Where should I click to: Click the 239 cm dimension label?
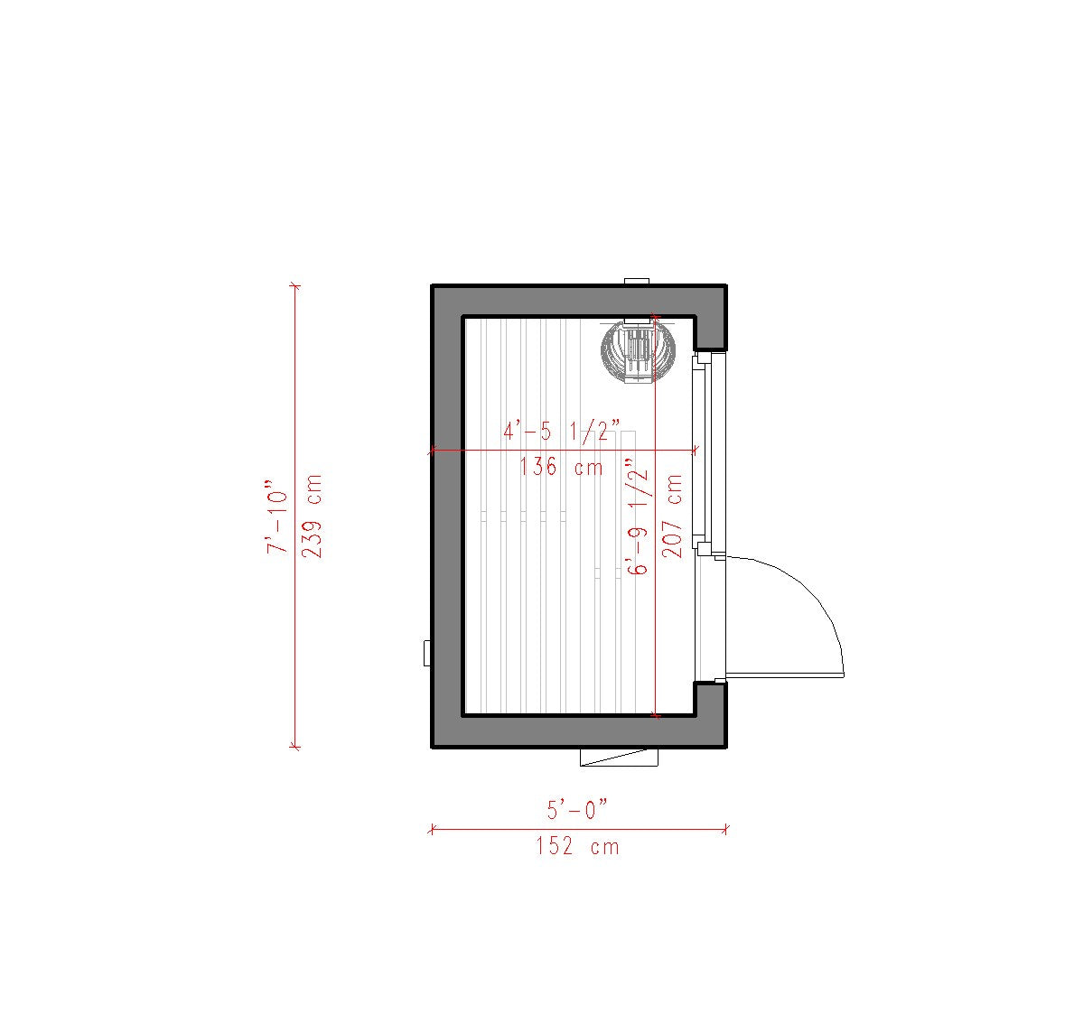[x=312, y=516]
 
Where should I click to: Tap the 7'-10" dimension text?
[x=277, y=516]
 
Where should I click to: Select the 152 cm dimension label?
[x=577, y=847]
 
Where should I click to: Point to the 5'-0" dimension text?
[x=576, y=809]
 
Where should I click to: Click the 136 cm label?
[x=561, y=467]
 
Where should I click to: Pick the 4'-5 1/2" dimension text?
[x=562, y=432]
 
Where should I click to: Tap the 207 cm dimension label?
[x=673, y=516]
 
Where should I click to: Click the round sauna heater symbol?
[x=638, y=350]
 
